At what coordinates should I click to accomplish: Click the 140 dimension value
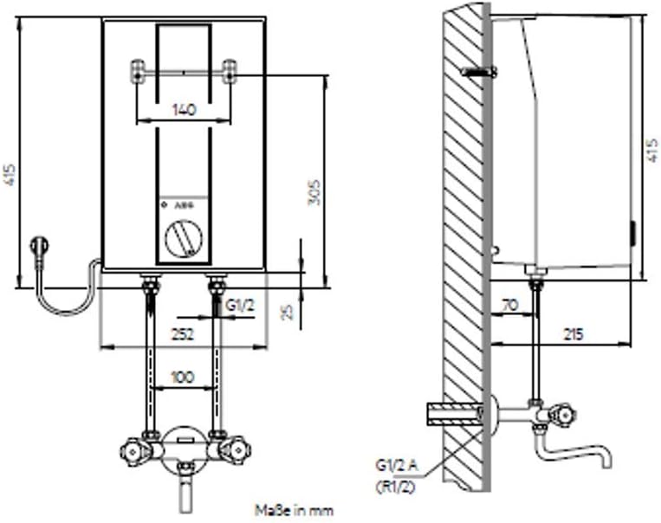[183, 109]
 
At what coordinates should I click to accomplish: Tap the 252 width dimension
[181, 333]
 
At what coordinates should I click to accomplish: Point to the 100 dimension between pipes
[182, 378]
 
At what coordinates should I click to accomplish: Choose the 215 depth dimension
[572, 333]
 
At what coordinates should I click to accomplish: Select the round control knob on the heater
[182, 237]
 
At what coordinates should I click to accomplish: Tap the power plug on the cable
[39, 248]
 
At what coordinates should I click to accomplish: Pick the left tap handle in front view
[133, 450]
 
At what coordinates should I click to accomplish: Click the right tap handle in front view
[232, 450]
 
